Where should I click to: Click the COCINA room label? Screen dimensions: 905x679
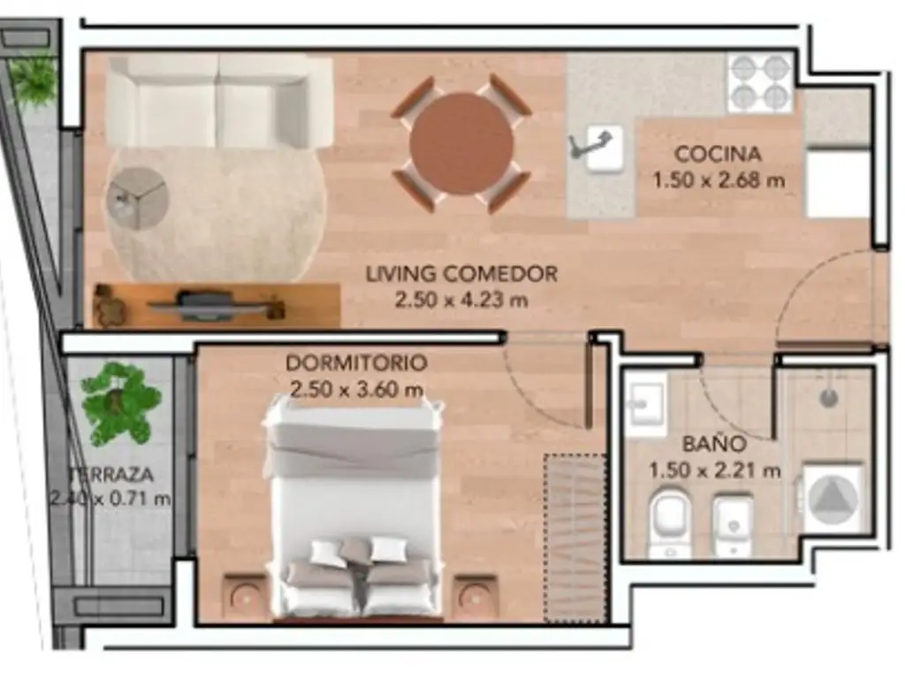[718, 154]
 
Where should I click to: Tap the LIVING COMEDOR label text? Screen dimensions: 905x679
[461, 273]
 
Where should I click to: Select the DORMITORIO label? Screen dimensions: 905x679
[356, 362]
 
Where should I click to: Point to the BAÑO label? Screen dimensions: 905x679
[714, 444]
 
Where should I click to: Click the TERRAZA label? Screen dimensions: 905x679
[111, 475]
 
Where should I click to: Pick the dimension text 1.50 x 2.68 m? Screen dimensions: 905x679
[719, 180]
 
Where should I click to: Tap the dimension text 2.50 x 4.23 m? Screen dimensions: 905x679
[461, 300]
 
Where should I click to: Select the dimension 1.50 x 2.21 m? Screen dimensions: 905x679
[714, 470]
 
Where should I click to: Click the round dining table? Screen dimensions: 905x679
[461, 143]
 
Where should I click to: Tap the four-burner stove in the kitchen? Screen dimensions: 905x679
[760, 82]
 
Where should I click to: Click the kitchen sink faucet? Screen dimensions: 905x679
[589, 143]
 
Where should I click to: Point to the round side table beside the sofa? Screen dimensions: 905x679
[137, 198]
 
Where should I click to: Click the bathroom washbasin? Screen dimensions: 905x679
[645, 399]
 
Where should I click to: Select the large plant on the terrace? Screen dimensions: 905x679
[120, 402]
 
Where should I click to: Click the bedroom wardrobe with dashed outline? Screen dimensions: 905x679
[576, 538]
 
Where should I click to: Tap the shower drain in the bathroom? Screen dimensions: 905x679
[829, 397]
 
